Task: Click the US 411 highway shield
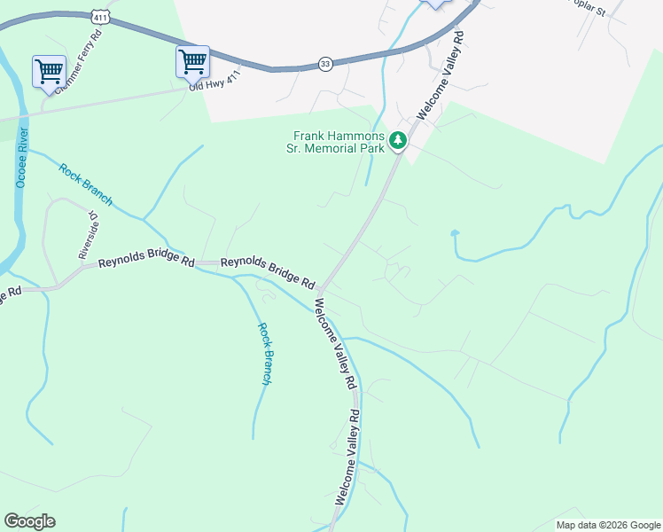click(x=99, y=16)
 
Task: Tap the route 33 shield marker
click(x=326, y=64)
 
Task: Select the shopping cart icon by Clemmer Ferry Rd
click(x=48, y=71)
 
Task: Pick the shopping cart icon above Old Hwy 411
click(x=192, y=61)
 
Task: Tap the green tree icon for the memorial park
click(x=399, y=139)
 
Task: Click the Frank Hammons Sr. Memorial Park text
click(x=339, y=142)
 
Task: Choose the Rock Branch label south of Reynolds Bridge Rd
click(x=265, y=353)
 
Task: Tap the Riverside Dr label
click(x=89, y=236)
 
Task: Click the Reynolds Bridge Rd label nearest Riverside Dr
click(x=146, y=262)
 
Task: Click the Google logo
click(x=29, y=521)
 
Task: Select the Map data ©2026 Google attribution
click(x=607, y=525)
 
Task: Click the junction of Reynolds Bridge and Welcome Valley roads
click(x=321, y=289)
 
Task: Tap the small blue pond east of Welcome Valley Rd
click(x=455, y=234)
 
